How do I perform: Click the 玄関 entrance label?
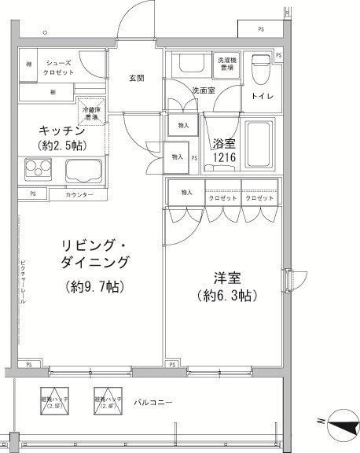[x=136, y=79]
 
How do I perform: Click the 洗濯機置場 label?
[x=226, y=64]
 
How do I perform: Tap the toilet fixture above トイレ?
[x=259, y=70]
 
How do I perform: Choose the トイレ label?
[x=261, y=97]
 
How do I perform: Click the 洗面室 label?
[x=203, y=90]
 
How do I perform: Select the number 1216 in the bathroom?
[x=224, y=158]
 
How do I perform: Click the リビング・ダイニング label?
[x=84, y=251]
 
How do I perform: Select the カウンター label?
[x=79, y=194]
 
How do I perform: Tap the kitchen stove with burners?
[x=38, y=170]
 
